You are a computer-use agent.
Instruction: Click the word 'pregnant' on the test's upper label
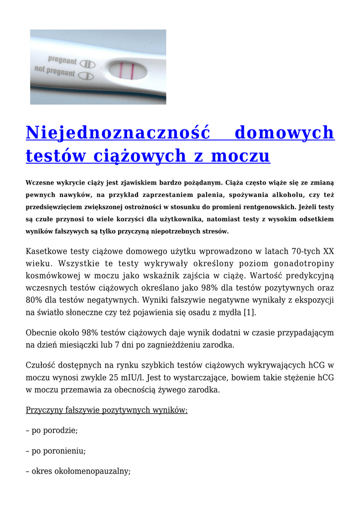(x=63, y=62)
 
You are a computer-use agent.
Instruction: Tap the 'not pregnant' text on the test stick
(x=55, y=72)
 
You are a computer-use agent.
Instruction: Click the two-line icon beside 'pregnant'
(x=87, y=64)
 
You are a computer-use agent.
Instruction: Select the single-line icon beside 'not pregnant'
(x=87, y=76)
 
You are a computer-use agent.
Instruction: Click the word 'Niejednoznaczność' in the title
(x=118, y=133)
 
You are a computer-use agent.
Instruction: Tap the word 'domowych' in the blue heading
(x=284, y=133)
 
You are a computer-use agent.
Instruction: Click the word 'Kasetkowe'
(x=47, y=251)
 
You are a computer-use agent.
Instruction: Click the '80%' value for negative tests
(x=34, y=300)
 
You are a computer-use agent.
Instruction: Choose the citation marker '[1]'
(x=250, y=312)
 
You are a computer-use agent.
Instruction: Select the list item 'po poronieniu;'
(x=56, y=451)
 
